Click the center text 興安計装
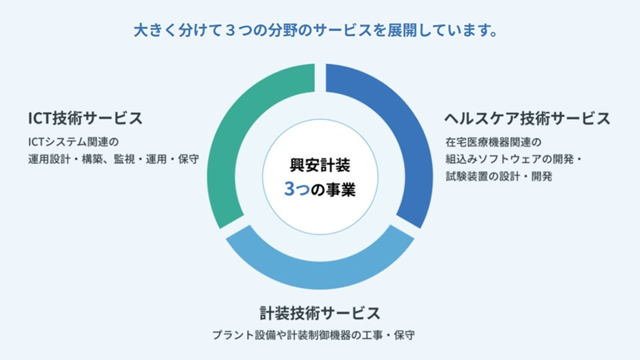[x=320, y=165]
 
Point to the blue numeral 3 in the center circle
[x=290, y=189]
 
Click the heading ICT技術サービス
[x=86, y=118]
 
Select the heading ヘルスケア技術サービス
[x=527, y=118]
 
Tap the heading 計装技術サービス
[x=320, y=313]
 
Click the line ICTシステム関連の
[x=74, y=142]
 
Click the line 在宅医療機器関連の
[x=494, y=142]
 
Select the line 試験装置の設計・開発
[x=498, y=176]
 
